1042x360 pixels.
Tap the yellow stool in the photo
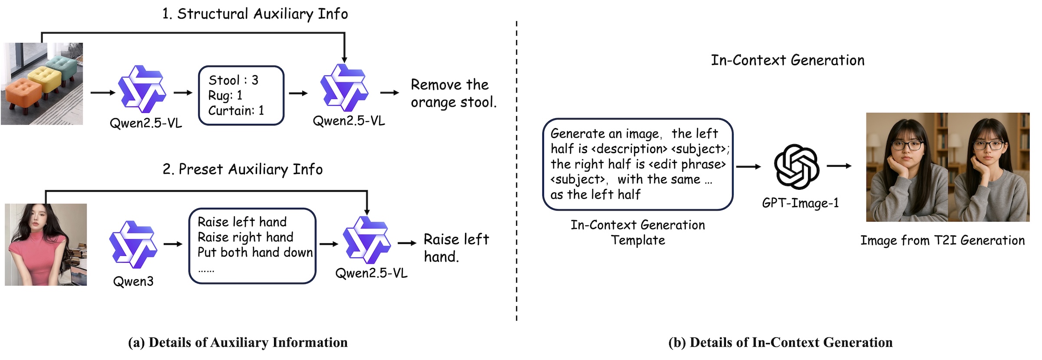[x=45, y=78]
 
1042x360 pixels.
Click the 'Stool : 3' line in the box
[x=233, y=80]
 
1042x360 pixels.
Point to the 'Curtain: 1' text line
[x=236, y=111]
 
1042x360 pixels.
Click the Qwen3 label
[x=133, y=281]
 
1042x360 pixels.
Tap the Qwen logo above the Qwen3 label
[x=133, y=244]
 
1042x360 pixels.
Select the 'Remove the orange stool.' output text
[x=453, y=93]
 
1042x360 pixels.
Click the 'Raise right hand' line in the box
[x=245, y=237]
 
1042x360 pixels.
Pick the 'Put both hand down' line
[x=255, y=252]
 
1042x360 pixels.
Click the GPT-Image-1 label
[x=800, y=203]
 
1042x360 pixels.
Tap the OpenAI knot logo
[x=796, y=167]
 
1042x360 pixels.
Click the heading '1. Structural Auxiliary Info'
[x=255, y=14]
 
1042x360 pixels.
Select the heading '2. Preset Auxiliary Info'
[x=242, y=169]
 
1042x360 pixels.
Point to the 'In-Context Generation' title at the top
[x=787, y=60]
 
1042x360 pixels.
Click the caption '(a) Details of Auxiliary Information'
[x=237, y=343]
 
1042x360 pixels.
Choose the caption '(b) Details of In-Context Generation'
[x=780, y=343]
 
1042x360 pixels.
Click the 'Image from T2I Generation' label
[x=942, y=241]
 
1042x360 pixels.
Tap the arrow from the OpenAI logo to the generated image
[x=839, y=166]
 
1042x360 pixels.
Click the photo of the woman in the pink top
[x=46, y=244]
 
